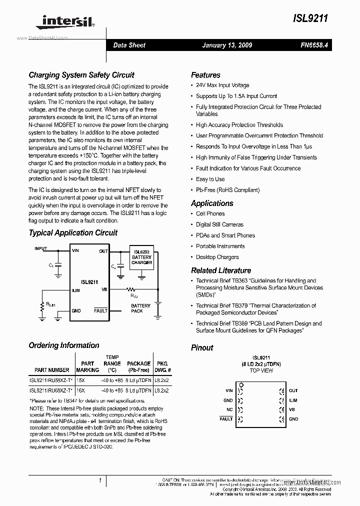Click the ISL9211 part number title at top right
(310, 18)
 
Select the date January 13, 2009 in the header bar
(227, 45)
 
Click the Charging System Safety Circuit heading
(81, 75)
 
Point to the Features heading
(205, 75)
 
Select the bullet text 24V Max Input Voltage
(222, 85)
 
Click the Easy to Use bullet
(210, 179)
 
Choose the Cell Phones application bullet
(210, 214)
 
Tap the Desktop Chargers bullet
(217, 257)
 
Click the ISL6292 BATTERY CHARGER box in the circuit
(141, 258)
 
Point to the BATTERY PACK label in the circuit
(140, 308)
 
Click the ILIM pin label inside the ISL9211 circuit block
(75, 289)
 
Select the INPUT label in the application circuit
(41, 248)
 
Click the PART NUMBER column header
(52, 370)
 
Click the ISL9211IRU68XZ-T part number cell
(51, 390)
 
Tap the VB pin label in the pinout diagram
(292, 409)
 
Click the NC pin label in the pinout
(229, 409)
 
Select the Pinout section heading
(202, 348)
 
